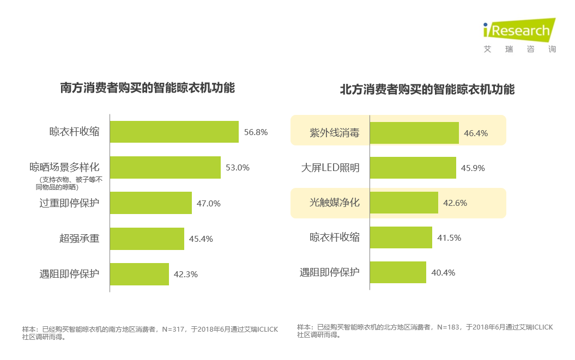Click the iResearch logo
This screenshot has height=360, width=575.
pos(518,30)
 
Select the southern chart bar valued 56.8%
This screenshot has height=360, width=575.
pos(174,132)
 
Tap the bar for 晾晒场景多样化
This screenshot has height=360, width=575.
pos(165,168)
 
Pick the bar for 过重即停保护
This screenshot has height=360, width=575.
pos(150,203)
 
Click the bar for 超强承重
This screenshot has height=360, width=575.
pos(147,239)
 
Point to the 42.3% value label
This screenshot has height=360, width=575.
pos(186,274)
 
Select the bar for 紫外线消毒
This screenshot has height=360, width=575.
pos(414,133)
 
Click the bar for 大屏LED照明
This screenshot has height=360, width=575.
pos(413,168)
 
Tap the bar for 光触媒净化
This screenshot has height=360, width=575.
pos(404,203)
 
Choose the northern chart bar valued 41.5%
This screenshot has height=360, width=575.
pos(401,237)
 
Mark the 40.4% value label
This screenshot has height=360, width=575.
pos(443,272)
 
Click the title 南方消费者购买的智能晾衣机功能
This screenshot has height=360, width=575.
pos(147,88)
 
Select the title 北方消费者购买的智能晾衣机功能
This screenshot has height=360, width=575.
pos(427,89)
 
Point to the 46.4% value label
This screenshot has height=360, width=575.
pos(476,133)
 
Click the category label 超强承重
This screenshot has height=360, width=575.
pos(80,239)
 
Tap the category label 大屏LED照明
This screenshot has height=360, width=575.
pos(330,168)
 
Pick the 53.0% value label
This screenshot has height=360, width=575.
pos(238,168)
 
